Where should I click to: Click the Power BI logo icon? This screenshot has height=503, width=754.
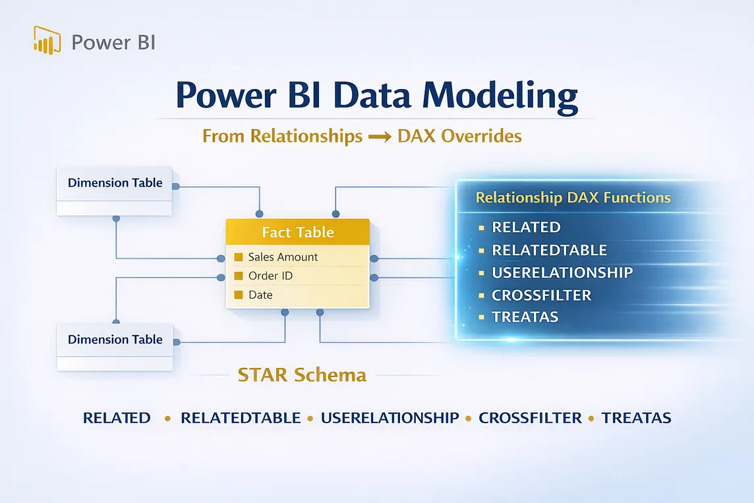[47, 40]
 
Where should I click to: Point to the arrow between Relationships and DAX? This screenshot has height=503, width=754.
[380, 137]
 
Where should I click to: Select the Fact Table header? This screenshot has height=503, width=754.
[298, 232]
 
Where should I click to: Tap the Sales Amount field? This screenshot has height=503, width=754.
[283, 257]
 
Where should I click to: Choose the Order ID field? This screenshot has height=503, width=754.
[270, 276]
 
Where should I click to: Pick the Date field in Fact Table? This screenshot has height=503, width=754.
[260, 295]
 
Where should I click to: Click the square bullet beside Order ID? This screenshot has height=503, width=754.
[238, 276]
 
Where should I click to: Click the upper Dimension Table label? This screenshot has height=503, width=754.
[115, 183]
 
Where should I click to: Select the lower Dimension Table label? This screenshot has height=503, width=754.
[115, 340]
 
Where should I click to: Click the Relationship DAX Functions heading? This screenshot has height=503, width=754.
[573, 198]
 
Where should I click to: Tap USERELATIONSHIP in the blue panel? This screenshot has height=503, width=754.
[562, 273]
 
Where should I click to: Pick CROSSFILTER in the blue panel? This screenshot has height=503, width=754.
[542, 295]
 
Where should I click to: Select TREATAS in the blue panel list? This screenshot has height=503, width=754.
[525, 317]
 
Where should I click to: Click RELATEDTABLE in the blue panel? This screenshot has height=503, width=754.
[549, 250]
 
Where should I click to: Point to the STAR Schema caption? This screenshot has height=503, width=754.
[302, 375]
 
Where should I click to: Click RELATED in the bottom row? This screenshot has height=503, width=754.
[117, 418]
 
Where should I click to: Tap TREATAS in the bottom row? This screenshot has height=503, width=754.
[636, 418]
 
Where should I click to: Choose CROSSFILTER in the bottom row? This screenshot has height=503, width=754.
[530, 418]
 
